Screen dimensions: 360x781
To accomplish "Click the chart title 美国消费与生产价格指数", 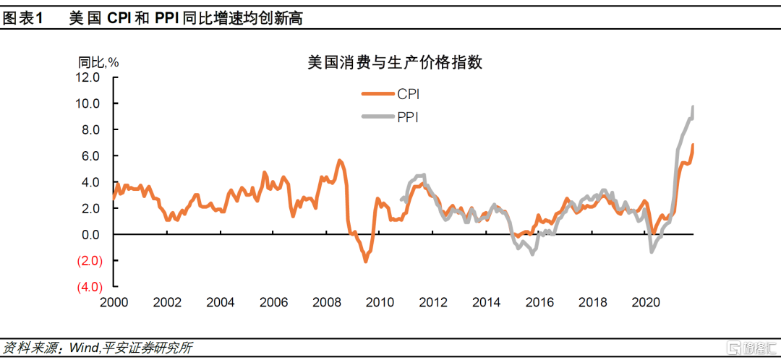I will pos(395,63).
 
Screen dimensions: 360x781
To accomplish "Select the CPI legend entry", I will pos(390,94).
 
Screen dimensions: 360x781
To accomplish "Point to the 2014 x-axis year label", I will pos(486,302).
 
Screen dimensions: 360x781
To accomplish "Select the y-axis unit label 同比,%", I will pos(98,61).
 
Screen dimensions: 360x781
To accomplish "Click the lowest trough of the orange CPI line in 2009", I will pos(365,261).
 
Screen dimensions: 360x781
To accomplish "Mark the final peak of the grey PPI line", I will pos(693,107).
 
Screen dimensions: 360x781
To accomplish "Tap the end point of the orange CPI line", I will pos(693,145).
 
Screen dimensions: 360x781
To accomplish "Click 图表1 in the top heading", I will pos(24,19).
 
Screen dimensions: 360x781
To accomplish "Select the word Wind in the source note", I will pos(84,348).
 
